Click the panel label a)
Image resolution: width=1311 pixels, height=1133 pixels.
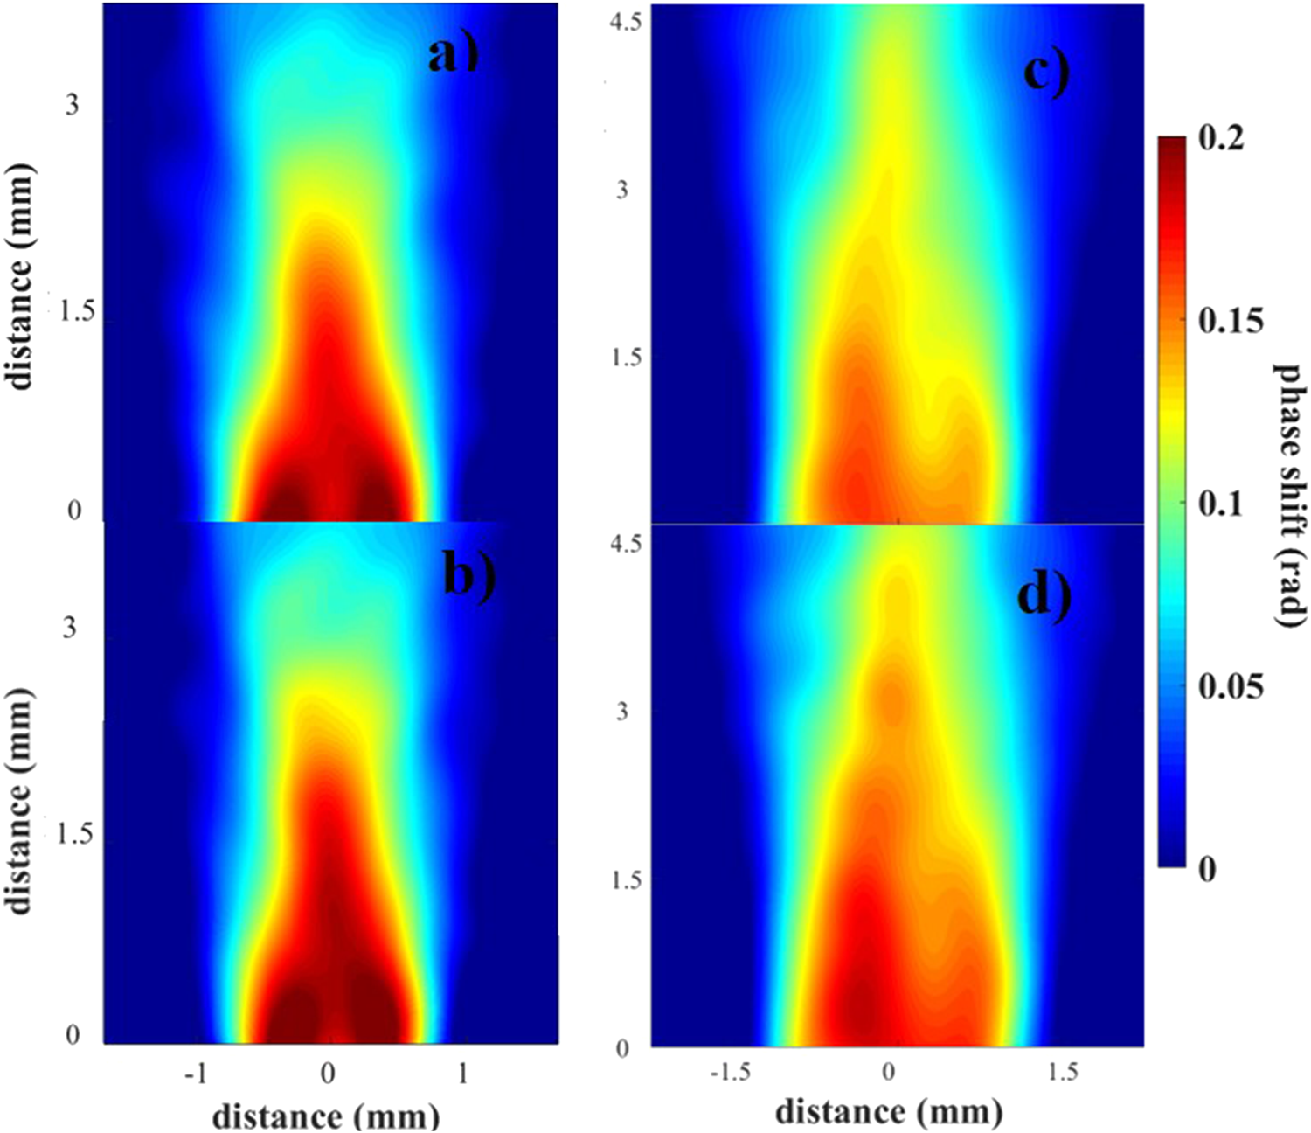click(x=454, y=56)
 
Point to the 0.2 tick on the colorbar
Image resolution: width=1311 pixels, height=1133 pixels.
click(x=1221, y=138)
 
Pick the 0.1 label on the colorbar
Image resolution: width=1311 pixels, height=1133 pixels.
click(x=1221, y=504)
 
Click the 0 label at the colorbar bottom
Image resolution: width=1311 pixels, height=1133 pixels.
click(x=1207, y=868)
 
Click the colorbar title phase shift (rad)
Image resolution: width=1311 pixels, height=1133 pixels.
click(x=1289, y=495)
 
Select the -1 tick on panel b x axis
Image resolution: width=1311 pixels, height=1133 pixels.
click(x=196, y=1073)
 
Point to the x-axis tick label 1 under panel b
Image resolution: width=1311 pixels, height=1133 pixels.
click(x=463, y=1073)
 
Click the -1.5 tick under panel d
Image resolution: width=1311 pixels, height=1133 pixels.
click(x=730, y=1071)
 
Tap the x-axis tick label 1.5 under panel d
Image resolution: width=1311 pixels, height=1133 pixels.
click(x=1063, y=1071)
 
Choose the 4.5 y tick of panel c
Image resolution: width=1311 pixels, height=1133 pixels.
click(x=627, y=21)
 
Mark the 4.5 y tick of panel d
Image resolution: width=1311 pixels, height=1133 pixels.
click(x=627, y=544)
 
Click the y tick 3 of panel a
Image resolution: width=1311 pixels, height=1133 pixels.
click(x=72, y=105)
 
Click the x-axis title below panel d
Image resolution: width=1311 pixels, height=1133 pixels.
click(x=888, y=1112)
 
